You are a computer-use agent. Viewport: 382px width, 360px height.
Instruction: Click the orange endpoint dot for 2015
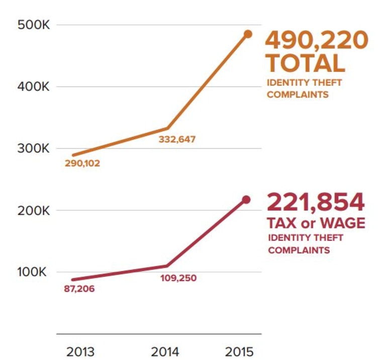point(248,34)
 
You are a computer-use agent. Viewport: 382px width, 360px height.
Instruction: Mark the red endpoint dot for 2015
point(246,200)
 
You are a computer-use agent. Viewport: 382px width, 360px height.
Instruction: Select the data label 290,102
point(82,163)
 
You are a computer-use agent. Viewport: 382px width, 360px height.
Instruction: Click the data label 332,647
point(177,140)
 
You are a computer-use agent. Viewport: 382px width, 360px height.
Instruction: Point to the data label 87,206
point(79,289)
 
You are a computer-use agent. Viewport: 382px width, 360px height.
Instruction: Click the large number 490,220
point(317,41)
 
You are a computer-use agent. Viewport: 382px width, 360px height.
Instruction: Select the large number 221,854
point(316,202)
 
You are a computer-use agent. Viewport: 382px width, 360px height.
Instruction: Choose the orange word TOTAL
point(306,63)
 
